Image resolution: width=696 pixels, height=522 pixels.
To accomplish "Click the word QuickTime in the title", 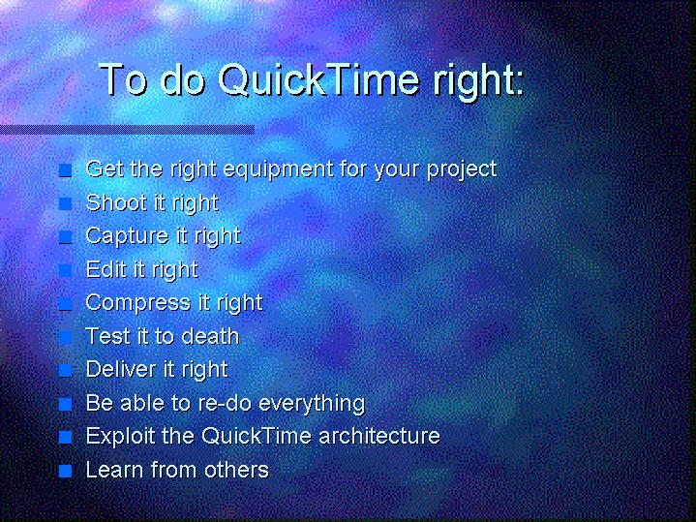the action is click(x=318, y=80).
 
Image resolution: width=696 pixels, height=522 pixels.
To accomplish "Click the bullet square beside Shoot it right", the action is click(x=65, y=203).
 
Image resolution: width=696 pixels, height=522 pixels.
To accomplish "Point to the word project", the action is click(x=462, y=170).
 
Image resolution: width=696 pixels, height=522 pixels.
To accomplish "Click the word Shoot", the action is click(x=116, y=202).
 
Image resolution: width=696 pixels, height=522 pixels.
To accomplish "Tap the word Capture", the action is click(x=125, y=236).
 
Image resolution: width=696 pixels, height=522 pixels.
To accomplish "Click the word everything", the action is click(x=312, y=404).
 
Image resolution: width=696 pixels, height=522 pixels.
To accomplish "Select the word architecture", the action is click(x=379, y=436).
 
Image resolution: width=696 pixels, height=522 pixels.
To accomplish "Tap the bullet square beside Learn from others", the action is click(x=65, y=471).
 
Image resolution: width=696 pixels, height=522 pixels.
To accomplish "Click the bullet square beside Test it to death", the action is click(x=65, y=337).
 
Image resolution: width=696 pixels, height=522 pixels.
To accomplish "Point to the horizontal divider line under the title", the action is click(x=127, y=130).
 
